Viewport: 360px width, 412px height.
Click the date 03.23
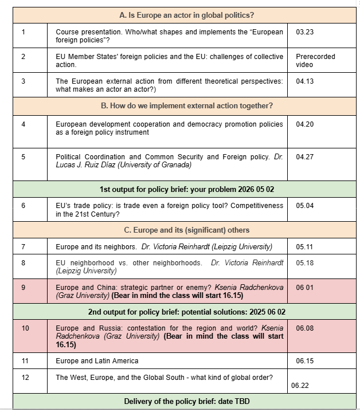(x=304, y=32)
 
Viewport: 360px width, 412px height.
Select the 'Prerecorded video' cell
(x=315, y=61)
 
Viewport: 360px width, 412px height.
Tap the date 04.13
(x=304, y=81)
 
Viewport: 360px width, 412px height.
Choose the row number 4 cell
(x=24, y=124)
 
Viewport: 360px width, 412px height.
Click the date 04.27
(x=304, y=157)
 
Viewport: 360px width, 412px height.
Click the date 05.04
(x=304, y=206)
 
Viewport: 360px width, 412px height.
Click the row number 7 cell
(x=24, y=247)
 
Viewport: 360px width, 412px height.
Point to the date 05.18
(x=304, y=263)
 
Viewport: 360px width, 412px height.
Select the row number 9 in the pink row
(x=24, y=288)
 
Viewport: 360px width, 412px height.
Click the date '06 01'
(x=304, y=288)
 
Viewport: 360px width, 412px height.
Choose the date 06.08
(x=304, y=328)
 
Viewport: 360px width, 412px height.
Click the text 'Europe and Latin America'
(x=97, y=361)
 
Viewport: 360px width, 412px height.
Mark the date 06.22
(x=300, y=386)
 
